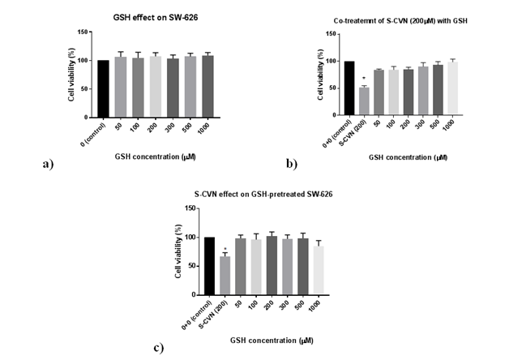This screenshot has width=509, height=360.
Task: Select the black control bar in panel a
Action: point(103,88)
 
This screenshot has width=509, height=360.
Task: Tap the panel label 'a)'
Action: point(46,163)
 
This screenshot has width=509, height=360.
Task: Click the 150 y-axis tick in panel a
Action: point(83,32)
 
